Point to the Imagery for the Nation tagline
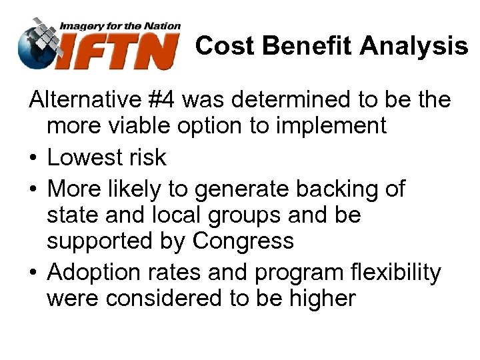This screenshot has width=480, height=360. (120, 26)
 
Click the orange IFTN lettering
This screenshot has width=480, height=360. (121, 52)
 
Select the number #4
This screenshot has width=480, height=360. (161, 101)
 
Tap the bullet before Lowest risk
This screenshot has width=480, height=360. (33, 158)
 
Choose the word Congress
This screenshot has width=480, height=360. (243, 241)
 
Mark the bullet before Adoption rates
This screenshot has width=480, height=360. (33, 273)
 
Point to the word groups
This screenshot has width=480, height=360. (247, 216)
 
